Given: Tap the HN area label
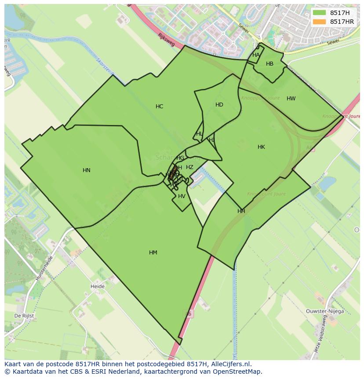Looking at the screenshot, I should [x=87, y=170].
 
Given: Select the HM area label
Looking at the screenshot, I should [x=153, y=253].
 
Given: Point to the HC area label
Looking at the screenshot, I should [x=159, y=107].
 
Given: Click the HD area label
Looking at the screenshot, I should [x=219, y=105].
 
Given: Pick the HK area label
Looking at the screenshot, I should [x=261, y=147].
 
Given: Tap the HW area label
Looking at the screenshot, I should [x=291, y=99].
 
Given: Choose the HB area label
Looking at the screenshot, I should [x=269, y=64].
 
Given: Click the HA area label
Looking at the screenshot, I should [x=256, y=55].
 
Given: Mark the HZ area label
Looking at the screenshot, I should [x=189, y=167].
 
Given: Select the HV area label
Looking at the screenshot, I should [x=182, y=196].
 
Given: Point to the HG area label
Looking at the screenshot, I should [x=180, y=158].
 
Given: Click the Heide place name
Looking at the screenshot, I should [x=98, y=287].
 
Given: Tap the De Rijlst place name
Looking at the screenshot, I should [x=24, y=316].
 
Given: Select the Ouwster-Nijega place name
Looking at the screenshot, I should [x=325, y=311].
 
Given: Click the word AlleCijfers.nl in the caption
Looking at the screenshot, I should [x=230, y=364].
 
